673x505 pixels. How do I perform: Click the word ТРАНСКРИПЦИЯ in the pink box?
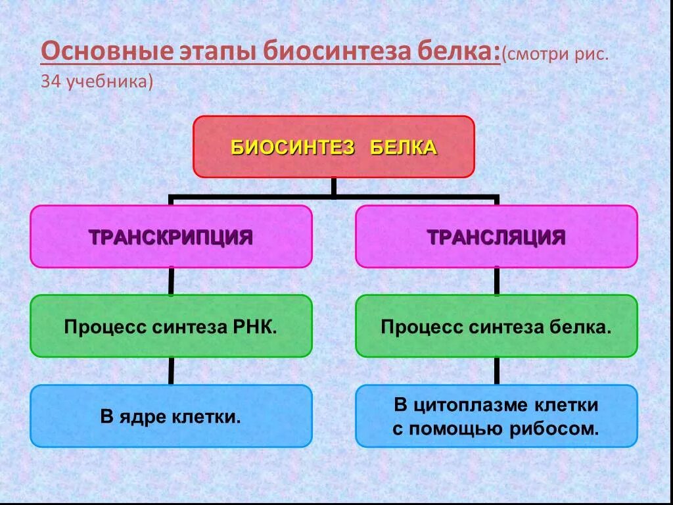[x=171, y=237]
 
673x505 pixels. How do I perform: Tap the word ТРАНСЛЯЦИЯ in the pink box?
[x=496, y=237]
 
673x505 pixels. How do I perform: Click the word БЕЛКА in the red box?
[x=403, y=147]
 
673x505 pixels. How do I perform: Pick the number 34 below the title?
[x=50, y=82]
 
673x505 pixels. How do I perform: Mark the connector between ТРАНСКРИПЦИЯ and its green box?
[x=171, y=281]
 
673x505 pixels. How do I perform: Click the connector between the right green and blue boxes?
[x=496, y=371]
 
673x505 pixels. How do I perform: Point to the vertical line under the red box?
[x=333, y=187]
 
